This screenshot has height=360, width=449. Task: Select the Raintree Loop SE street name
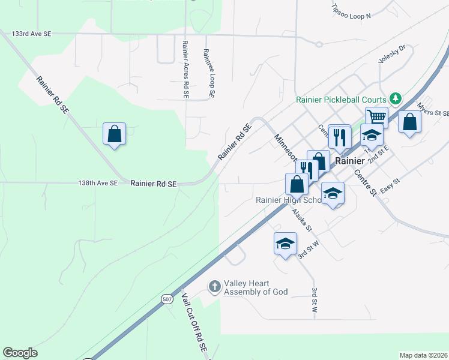[x=209, y=73]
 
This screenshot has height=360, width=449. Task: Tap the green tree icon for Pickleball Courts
[x=395, y=98]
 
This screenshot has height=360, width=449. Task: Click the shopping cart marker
[x=376, y=116]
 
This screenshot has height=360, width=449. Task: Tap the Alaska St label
[x=301, y=220]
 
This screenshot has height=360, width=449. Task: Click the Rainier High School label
[x=289, y=200]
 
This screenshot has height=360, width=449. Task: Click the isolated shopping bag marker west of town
[x=114, y=134]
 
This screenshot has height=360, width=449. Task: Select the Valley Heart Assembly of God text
[x=256, y=287]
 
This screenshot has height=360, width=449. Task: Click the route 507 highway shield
[x=167, y=299]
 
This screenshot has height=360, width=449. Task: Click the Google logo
[x=20, y=353]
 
